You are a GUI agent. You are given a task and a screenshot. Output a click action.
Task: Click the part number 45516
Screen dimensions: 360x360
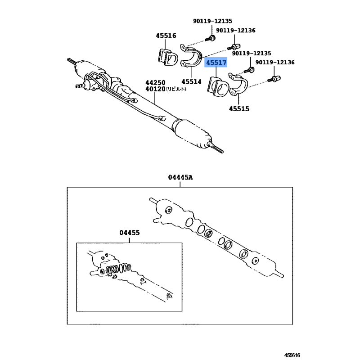click(x=166, y=36)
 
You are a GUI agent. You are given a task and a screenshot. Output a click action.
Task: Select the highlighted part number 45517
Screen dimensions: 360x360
click(x=216, y=63)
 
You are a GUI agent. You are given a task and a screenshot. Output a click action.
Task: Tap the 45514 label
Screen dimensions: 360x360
click(x=191, y=81)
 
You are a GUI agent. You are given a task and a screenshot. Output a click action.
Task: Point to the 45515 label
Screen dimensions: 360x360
click(x=239, y=108)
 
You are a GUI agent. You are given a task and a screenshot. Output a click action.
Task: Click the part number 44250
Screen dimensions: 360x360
click(x=155, y=83)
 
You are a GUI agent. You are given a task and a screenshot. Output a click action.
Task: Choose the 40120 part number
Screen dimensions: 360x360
click(x=155, y=89)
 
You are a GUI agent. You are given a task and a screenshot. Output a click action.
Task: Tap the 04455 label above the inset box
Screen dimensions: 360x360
click(x=130, y=233)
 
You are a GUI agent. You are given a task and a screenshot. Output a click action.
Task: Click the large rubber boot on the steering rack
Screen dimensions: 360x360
click(x=192, y=134)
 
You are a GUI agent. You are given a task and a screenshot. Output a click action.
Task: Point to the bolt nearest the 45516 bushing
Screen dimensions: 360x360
click(x=210, y=39)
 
